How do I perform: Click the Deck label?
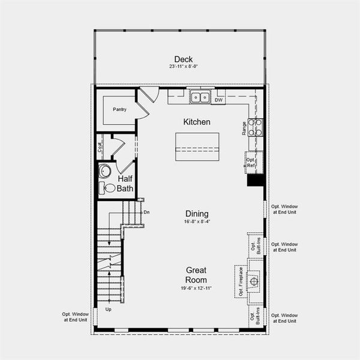click(183, 59)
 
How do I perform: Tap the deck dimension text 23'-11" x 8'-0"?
click(183, 67)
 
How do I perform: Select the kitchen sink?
click(199, 97)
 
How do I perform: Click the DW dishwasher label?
click(219, 100)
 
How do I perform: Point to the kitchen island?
click(197, 146)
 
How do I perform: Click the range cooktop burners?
click(256, 127)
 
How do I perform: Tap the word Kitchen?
click(197, 122)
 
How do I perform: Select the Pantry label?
click(119, 109)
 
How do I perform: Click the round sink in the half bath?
click(105, 170)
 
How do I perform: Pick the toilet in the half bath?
click(108, 188)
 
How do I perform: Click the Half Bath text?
click(125, 184)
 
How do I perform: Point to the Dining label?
click(197, 214)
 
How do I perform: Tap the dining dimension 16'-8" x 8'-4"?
click(197, 221)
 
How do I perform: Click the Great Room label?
click(196, 275)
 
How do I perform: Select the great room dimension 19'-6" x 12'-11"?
click(196, 289)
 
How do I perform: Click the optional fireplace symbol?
click(254, 280)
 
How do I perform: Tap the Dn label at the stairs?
click(146, 212)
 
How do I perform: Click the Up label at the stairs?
click(109, 310)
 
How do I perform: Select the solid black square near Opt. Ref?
click(255, 181)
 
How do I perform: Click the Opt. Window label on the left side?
click(75, 317)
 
